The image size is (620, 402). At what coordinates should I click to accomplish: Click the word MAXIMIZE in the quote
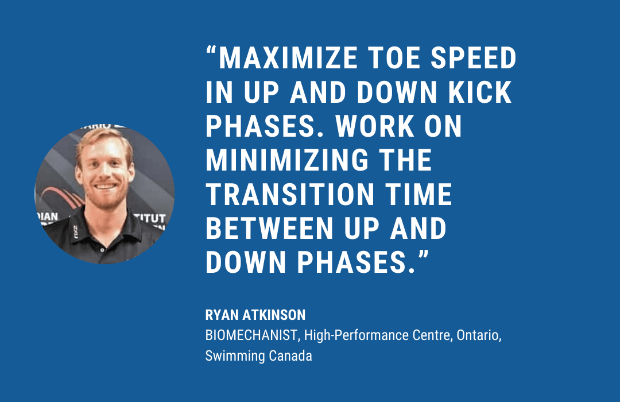pos(288,58)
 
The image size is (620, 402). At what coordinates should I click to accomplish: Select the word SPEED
pos(473,58)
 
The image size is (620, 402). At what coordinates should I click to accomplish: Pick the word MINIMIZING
pos(287,160)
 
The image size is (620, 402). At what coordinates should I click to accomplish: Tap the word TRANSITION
pos(290,194)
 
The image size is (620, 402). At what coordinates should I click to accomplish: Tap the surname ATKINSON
pos(274,315)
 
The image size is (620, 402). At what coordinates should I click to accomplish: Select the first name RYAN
pos(222,315)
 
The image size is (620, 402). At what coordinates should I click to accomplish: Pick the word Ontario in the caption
pos(479,335)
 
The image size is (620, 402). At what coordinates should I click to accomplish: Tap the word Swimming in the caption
pos(235,356)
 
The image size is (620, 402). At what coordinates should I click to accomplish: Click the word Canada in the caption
pos(290,355)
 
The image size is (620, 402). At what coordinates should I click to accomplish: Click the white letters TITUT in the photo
pos(150,218)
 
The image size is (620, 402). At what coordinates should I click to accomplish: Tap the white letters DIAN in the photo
pos(48,217)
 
